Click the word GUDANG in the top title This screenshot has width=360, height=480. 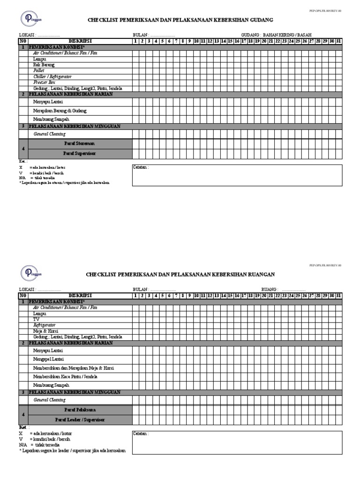tap(260, 20)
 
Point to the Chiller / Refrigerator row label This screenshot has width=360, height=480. tap(52, 76)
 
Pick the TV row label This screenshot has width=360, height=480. tap(37, 319)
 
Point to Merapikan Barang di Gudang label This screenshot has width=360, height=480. tap(60, 111)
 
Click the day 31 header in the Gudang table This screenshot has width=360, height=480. tap(338, 41)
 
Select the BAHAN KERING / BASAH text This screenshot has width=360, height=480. tap(287, 35)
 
